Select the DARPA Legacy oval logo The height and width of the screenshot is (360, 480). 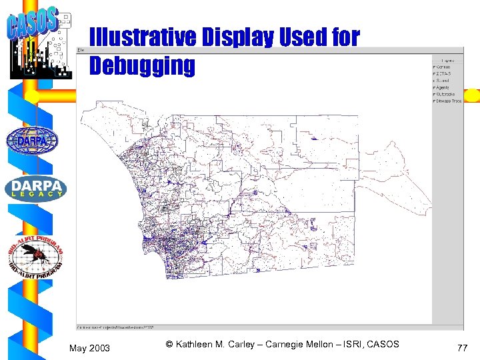click(x=36, y=189)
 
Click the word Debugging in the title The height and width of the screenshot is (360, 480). click(x=142, y=66)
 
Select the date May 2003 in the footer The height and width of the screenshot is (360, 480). click(x=90, y=349)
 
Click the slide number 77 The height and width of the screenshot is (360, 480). click(x=463, y=348)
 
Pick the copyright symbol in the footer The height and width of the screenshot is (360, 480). click(x=169, y=344)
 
